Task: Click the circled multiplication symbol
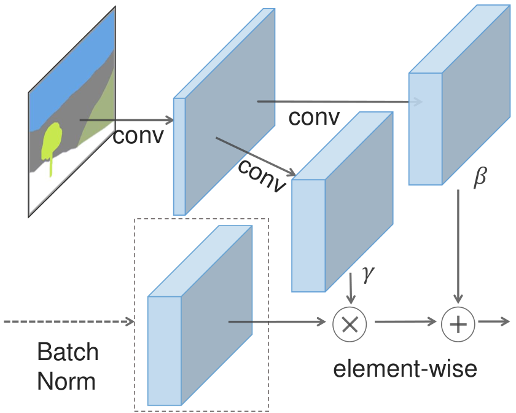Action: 350,324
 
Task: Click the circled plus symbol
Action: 458,324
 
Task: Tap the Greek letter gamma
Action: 368,274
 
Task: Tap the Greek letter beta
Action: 480,177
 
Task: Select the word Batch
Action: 68,352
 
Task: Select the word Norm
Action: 66,381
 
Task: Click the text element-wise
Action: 405,369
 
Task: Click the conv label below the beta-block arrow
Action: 314,117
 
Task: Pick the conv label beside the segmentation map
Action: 138,136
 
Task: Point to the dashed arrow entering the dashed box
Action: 69,321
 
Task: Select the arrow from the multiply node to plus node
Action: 405,321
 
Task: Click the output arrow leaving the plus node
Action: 494,321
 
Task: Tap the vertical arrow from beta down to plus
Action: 458,246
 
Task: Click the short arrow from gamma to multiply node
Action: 351,288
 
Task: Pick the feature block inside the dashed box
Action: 200,315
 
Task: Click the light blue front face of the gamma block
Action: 308,235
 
